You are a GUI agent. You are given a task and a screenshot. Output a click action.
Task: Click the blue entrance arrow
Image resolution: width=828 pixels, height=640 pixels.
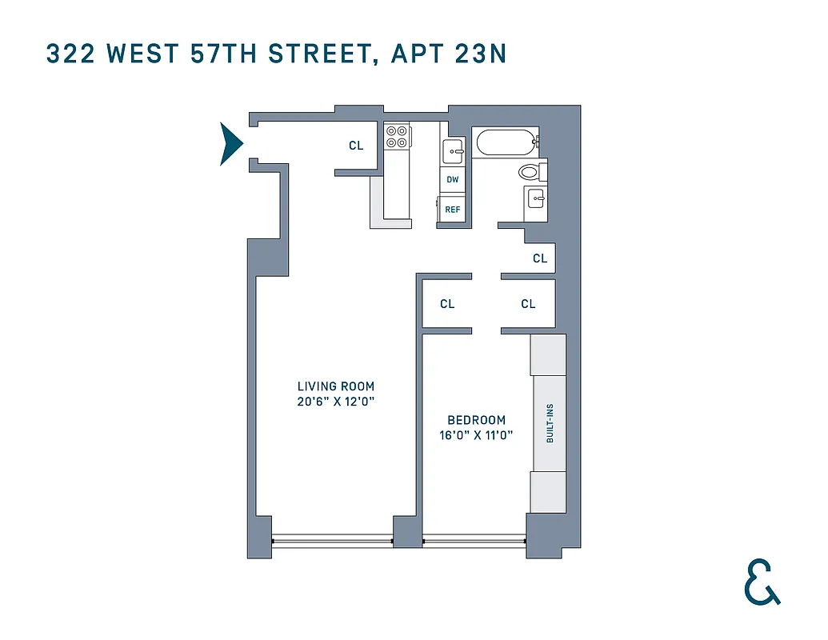tap(231, 144)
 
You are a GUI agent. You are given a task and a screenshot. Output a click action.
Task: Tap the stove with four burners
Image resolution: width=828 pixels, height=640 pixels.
tap(397, 137)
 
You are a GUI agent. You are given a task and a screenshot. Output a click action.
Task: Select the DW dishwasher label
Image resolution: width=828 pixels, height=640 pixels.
tap(453, 179)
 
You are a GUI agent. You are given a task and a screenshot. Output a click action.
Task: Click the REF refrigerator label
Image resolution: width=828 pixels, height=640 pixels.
tap(453, 210)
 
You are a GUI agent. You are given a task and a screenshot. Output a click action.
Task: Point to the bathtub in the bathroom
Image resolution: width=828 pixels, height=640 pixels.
tap(506, 144)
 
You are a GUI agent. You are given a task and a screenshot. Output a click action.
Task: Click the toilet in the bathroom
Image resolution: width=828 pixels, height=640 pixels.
tap(530, 171)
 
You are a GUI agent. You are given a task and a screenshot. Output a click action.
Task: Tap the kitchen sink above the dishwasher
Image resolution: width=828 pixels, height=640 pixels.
tap(453, 150)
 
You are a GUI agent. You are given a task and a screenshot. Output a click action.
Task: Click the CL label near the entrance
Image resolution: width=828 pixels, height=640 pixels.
tap(356, 146)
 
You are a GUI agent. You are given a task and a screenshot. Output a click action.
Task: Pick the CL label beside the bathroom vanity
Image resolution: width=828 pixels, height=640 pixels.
tap(540, 258)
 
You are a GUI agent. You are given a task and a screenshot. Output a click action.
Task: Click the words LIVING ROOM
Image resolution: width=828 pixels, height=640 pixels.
tap(336, 386)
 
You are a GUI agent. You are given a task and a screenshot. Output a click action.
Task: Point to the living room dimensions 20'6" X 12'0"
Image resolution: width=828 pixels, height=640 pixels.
tap(336, 402)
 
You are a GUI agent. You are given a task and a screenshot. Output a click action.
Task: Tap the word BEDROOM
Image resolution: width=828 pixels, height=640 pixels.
tap(476, 420)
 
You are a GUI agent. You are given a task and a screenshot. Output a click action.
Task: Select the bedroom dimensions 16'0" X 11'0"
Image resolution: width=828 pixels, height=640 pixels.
tap(476, 436)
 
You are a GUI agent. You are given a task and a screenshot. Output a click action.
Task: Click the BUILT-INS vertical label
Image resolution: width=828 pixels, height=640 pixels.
tap(550, 423)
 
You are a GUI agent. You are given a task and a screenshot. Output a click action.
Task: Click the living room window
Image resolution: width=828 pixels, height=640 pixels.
tap(332, 541)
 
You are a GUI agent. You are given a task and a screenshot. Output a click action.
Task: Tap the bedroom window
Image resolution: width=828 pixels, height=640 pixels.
tap(474, 541)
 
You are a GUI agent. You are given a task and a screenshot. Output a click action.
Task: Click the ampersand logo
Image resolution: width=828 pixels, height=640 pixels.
tap(761, 582)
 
